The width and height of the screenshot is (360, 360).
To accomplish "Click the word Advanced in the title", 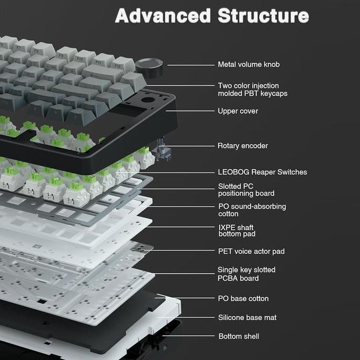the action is pyautogui.click(x=163, y=16).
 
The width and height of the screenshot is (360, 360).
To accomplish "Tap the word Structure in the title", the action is pyautogui.click(x=263, y=16).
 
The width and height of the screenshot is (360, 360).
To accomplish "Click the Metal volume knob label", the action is pyautogui.click(x=249, y=64).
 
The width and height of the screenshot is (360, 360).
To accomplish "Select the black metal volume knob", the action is pyautogui.click(x=149, y=67).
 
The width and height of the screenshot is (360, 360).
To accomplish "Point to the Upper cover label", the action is pyautogui.click(x=238, y=111).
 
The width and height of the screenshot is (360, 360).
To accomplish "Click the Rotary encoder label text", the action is pyautogui.click(x=243, y=146).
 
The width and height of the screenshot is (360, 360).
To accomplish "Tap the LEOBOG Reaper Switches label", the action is pyautogui.click(x=263, y=172).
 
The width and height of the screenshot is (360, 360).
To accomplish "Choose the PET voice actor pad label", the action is pyautogui.click(x=251, y=251).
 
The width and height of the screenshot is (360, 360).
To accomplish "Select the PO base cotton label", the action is pyautogui.click(x=243, y=298).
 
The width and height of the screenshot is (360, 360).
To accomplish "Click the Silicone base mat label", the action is pyautogui.click(x=248, y=318).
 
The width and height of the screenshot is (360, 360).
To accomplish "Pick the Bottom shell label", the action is pyautogui.click(x=239, y=336).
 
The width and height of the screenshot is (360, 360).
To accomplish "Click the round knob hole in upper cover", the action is pyautogui.click(x=148, y=100).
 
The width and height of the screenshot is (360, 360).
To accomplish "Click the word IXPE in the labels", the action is pyautogui.click(x=227, y=228).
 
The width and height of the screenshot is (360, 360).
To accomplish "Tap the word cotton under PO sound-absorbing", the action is pyautogui.click(x=228, y=214).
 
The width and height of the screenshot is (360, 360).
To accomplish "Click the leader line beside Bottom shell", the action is pyautogui.click(x=188, y=336).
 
